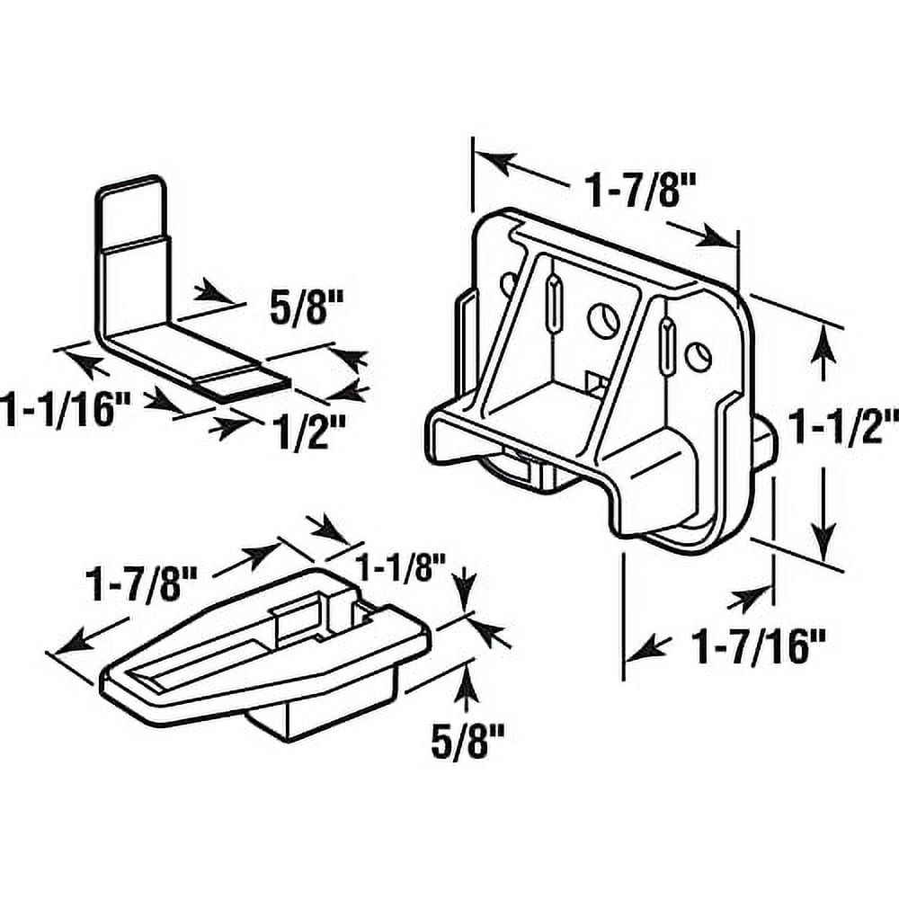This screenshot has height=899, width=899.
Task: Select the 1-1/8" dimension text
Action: pyautogui.click(x=401, y=567)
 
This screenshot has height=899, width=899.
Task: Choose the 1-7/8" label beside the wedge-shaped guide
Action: pyautogui.click(x=142, y=586)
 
